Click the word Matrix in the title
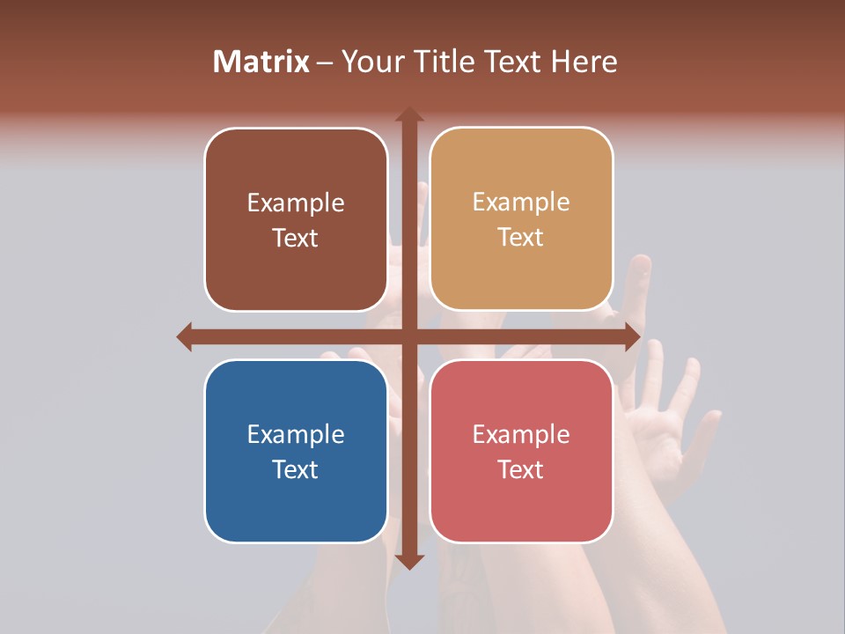tap(261, 62)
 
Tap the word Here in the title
tap(584, 62)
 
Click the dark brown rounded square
tap(296, 219)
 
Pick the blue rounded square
tap(296, 451)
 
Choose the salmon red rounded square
tap(521, 451)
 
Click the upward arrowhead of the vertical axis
tap(409, 114)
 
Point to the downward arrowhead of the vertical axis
tap(409, 561)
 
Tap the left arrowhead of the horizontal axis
tap(184, 336)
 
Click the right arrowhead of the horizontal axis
tap(632, 336)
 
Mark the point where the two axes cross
tap(409, 336)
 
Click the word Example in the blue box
tap(296, 434)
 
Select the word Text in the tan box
tap(521, 237)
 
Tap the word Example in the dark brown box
tap(296, 203)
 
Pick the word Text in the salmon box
tap(521, 469)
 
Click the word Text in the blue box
tap(296, 469)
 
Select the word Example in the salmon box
tap(521, 434)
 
